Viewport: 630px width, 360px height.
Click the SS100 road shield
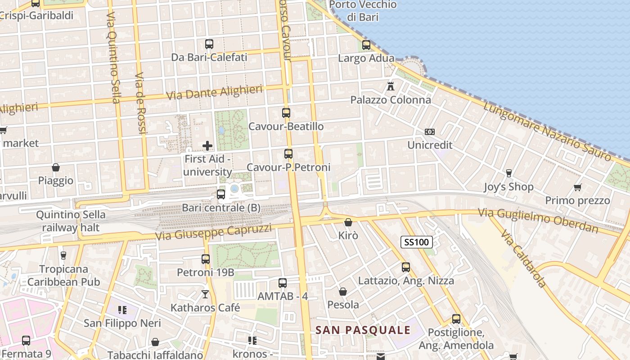coord(416,242)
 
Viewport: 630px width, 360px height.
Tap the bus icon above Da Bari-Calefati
coord(209,44)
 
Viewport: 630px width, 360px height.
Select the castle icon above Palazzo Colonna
coord(391,86)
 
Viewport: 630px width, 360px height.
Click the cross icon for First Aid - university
coord(207,145)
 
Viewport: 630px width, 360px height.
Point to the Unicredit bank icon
coord(430,132)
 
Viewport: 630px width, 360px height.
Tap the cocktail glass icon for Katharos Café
coord(205,294)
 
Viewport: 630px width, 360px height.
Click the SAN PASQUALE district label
coord(363,330)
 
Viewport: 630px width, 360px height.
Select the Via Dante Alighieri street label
coord(214,93)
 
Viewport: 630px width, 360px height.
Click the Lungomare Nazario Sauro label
coord(548,131)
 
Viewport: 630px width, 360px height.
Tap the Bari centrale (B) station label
coord(221,208)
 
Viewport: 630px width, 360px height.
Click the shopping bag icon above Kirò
coord(348,222)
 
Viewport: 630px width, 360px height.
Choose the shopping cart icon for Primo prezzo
coord(577,187)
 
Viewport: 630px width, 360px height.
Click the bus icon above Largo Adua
coord(366,45)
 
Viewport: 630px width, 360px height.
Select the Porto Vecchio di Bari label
coord(363,11)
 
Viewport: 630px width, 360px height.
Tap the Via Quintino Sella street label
coord(113,57)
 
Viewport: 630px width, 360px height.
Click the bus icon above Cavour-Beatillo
coord(286,113)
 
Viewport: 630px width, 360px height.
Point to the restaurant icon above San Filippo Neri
coord(122,310)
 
